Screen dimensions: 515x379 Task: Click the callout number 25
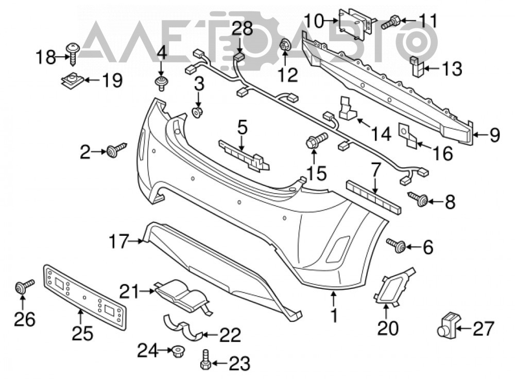(82, 333)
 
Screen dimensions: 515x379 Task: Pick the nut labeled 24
(178, 351)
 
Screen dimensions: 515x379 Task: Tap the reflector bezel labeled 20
(393, 287)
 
